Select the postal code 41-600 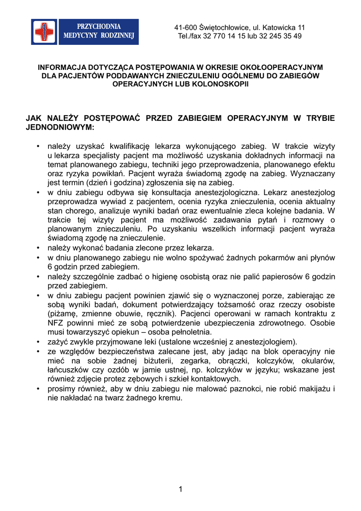[185, 27]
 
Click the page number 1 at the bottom [180, 489]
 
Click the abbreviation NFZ [56, 323]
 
